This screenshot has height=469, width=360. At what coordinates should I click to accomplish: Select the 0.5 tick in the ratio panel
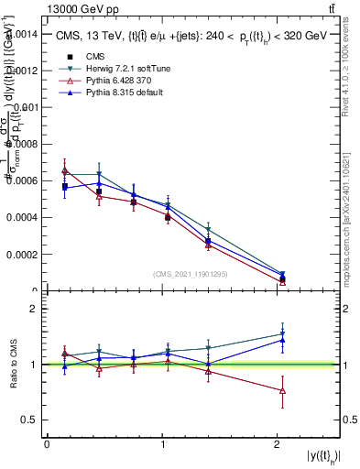(30, 420)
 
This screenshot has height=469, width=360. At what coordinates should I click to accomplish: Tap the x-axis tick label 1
(163, 444)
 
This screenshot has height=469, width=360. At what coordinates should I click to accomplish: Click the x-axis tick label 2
(278, 444)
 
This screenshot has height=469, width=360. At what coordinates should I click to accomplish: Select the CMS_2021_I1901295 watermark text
(191, 274)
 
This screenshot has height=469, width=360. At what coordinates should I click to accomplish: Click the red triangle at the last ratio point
(282, 391)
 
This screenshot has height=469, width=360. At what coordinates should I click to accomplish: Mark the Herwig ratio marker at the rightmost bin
(282, 333)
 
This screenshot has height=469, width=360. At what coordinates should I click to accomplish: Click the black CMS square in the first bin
(64, 186)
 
